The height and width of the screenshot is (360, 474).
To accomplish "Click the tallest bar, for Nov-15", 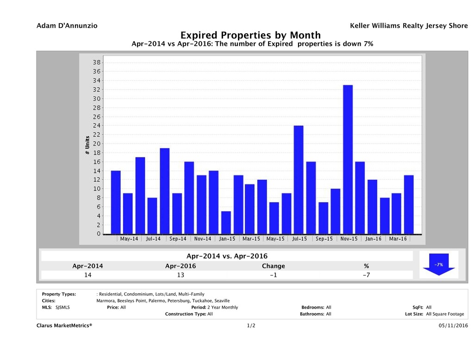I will (x=348, y=159).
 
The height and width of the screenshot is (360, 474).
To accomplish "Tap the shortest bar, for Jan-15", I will (x=225, y=223).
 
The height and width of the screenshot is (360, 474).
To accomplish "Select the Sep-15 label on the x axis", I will (x=324, y=239).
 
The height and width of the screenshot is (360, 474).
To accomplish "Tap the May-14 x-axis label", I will (x=129, y=239).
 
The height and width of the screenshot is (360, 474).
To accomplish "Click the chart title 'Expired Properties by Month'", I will (x=250, y=35).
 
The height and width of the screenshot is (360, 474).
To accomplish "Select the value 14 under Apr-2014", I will (x=87, y=275).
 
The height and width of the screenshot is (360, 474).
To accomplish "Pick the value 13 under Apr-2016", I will (x=180, y=275).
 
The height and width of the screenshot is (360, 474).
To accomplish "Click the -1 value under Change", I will (x=273, y=275).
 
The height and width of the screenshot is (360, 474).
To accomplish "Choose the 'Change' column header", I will (x=273, y=266).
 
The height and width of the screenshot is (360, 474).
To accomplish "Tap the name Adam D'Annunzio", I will (x=67, y=26).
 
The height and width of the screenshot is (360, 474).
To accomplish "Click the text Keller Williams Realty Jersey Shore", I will (x=409, y=26).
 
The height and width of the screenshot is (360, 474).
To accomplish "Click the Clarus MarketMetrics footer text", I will (x=64, y=326).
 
